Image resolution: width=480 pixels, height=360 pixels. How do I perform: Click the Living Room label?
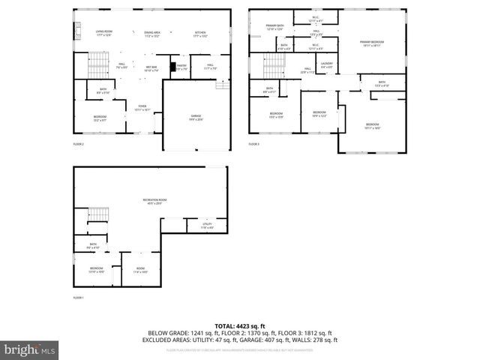point(103,33)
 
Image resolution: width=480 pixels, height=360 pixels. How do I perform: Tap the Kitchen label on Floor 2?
point(200,33)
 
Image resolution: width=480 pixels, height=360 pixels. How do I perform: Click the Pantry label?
point(181,67)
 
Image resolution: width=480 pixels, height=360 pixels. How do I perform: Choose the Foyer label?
point(142,107)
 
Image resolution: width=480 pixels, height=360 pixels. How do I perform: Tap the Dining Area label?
point(152,33)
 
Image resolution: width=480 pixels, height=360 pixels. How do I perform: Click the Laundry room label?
point(326,64)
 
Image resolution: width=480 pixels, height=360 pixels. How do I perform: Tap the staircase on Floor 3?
point(275,69)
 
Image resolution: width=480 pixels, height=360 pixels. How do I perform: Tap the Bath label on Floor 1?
point(93,244)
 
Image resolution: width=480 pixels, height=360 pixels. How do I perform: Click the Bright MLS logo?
point(29,349)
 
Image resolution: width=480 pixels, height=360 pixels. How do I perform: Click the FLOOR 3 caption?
point(253,143)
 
